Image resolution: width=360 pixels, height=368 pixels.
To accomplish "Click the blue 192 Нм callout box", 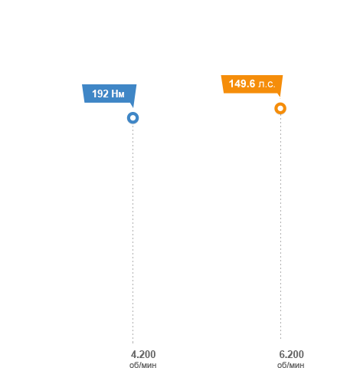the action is pos(109,94).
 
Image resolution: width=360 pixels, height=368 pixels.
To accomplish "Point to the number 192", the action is pos(100,94).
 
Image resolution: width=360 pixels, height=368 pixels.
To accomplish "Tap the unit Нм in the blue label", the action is pos(118,94).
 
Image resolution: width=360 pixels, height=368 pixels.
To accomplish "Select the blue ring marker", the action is pos(133,113).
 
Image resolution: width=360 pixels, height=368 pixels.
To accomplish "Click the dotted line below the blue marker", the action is pos(133,234).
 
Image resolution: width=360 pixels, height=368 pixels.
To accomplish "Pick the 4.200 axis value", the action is pos(143,354).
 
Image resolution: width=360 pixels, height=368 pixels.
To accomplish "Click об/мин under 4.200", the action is pos(143,365).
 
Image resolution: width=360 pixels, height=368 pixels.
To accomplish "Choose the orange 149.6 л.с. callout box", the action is pos(252,84).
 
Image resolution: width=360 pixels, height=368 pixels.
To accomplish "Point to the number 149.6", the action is pos(242,84).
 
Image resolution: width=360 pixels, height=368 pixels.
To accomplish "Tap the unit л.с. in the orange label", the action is pos(267,84).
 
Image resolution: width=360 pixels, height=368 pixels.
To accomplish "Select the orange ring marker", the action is pos(280,103).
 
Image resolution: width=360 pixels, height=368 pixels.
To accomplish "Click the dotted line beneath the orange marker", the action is pos(280,227).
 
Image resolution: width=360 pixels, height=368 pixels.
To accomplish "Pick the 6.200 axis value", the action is pos(291,354).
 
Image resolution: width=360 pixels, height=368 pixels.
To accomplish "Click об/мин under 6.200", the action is pos(291,365).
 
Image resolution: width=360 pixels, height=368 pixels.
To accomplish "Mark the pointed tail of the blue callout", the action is pos(133,107).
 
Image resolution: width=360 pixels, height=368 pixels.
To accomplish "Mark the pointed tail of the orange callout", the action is pos(280,97).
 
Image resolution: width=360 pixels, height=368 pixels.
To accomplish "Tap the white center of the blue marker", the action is pos(133,118).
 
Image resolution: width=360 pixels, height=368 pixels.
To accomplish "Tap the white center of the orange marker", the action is pos(280,108).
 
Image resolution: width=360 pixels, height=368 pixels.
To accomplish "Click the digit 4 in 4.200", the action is pos(133,354).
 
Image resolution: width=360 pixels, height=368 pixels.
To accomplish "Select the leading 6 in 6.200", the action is pos(282,354).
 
